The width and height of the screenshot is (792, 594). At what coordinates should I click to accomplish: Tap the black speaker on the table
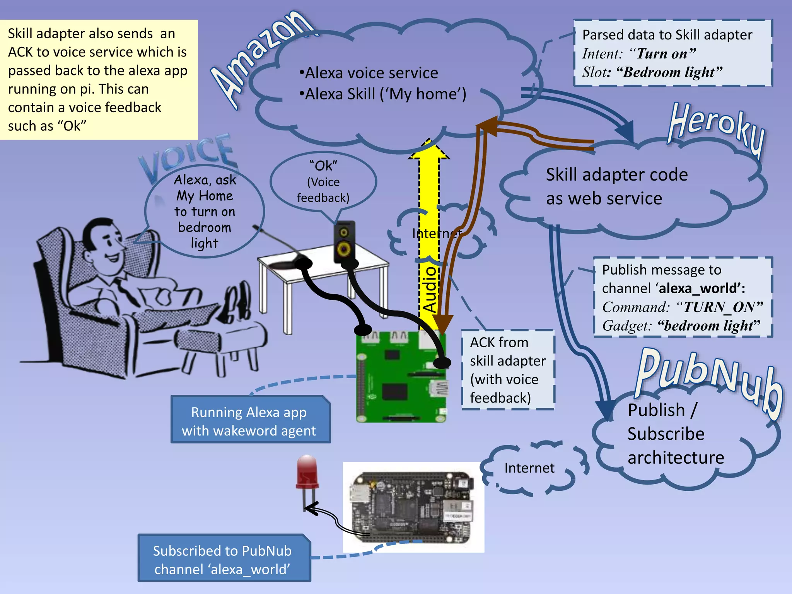(x=344, y=242)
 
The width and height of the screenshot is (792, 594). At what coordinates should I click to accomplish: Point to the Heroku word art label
(x=715, y=128)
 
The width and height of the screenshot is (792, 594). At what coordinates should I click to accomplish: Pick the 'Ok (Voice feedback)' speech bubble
(x=323, y=182)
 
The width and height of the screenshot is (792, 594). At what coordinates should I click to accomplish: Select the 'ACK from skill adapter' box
(x=507, y=370)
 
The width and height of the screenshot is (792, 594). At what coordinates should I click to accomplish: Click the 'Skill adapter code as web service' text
(x=617, y=186)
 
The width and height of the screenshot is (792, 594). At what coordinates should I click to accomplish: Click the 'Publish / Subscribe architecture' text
(x=675, y=434)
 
